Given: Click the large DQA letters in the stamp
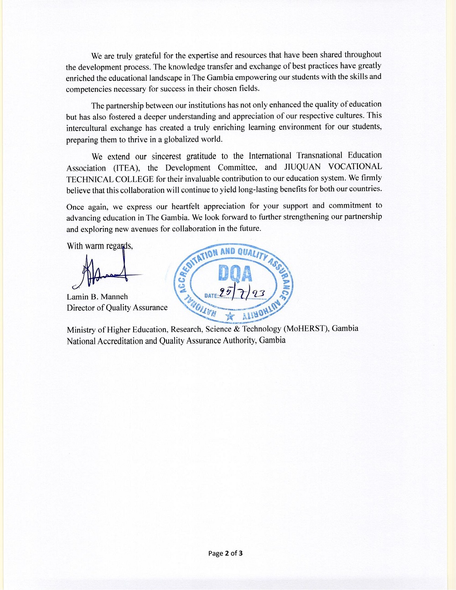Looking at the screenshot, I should [235, 274].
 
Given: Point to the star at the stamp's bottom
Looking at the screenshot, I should [230, 316].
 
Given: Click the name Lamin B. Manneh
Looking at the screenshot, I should [97, 297].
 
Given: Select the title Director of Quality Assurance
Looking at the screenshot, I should [117, 308].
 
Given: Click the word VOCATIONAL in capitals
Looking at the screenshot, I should [355, 166].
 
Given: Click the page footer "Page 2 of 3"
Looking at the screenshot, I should [225, 554].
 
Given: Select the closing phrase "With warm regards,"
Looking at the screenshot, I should [100, 246].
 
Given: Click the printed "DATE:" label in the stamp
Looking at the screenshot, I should [211, 295].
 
